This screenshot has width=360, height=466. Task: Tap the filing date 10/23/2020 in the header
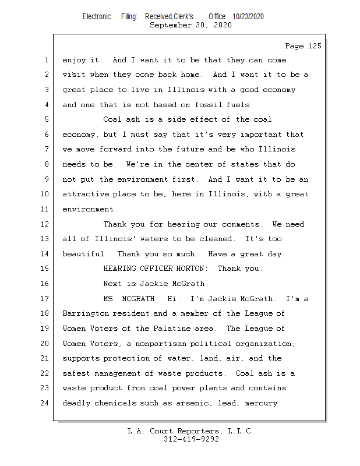pyautogui.click(x=248, y=16)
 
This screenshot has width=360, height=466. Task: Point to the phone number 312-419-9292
pyautogui.click(x=190, y=439)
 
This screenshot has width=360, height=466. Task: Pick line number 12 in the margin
pyautogui.click(x=45, y=224)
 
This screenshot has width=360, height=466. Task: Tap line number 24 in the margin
pyautogui.click(x=45, y=403)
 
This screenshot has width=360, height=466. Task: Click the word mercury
pyautogui.click(x=261, y=403)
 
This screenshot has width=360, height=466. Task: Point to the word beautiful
pyautogui.click(x=83, y=254)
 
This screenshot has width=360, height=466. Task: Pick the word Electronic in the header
pyautogui.click(x=96, y=16)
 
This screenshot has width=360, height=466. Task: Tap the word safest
pyautogui.click(x=76, y=373)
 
